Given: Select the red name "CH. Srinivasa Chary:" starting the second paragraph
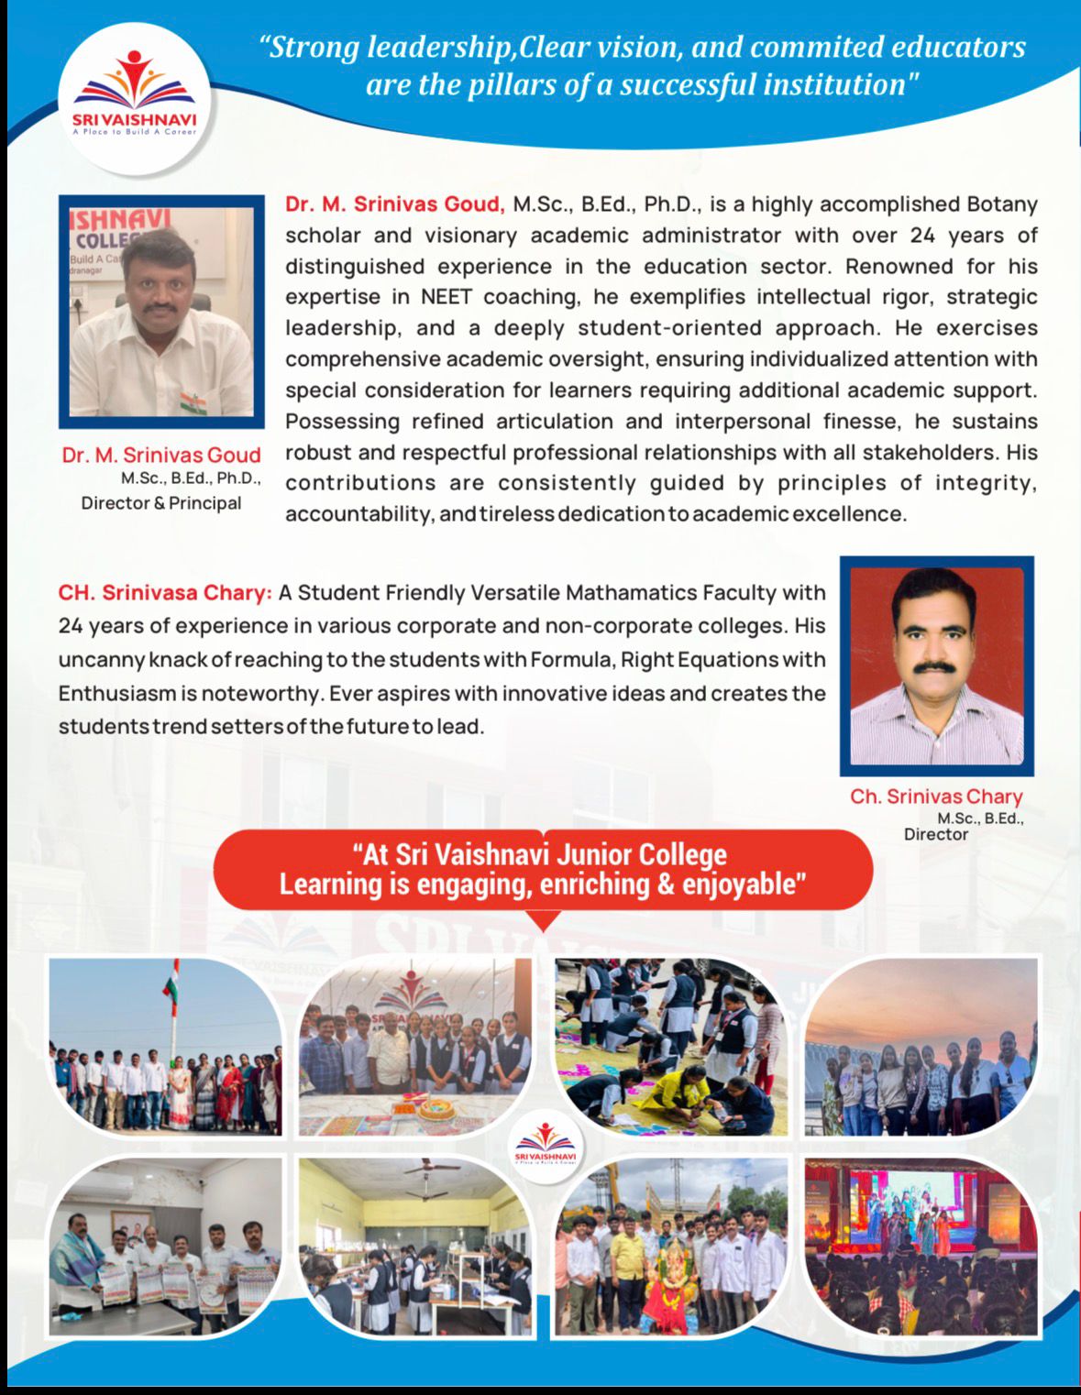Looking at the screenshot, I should coord(165,593).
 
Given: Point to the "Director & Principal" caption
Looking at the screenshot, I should coord(161,503).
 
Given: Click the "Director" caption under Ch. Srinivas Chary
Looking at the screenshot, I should coord(935,834).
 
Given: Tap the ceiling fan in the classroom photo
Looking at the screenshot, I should coord(430,1169).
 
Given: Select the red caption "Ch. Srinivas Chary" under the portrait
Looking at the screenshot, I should coord(935,796).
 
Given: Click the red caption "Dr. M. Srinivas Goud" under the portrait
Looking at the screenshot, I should coord(161,455).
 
